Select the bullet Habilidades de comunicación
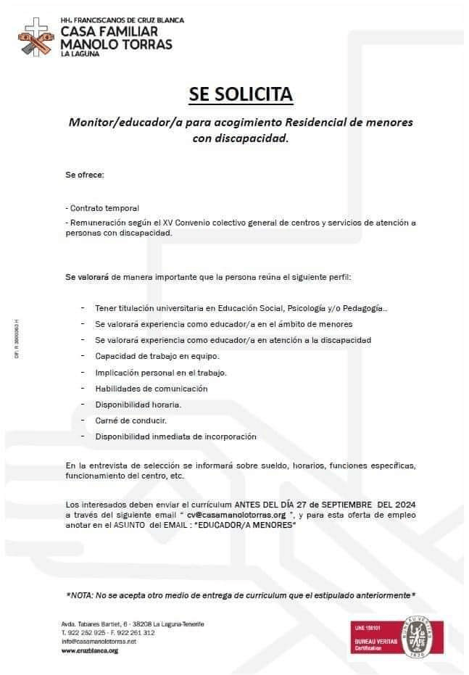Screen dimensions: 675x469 pyautogui.click(x=151, y=389)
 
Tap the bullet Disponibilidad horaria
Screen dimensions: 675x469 pyautogui.click(x=138, y=405)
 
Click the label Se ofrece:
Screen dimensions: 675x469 pyautogui.click(x=85, y=175)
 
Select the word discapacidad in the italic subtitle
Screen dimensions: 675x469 pyautogui.click(x=249, y=138)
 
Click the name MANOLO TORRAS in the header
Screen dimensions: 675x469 pyautogui.click(x=117, y=44)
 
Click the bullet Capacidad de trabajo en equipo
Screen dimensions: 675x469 pyautogui.click(x=157, y=356)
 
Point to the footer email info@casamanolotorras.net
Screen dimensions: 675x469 pyautogui.click(x=99, y=642)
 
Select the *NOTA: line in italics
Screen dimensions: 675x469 pyautogui.click(x=240, y=595)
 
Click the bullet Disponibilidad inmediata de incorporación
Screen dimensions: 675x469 pyautogui.click(x=175, y=436)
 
